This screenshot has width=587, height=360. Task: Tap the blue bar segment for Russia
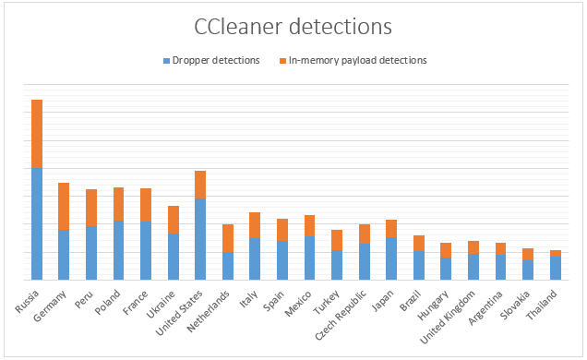(37, 223)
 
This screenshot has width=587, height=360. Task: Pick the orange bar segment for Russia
(37, 134)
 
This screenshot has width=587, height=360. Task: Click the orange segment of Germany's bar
(64, 206)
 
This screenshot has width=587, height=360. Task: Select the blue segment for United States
(200, 238)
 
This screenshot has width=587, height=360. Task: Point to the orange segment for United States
(200, 185)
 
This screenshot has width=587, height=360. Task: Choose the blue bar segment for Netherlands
(228, 266)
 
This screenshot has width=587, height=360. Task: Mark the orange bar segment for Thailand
(557, 253)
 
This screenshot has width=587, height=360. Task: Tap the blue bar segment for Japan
(391, 258)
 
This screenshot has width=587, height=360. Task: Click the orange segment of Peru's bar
(91, 208)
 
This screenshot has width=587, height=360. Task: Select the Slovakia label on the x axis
(518, 301)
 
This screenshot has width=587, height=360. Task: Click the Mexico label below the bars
(302, 300)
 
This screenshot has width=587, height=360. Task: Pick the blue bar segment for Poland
(119, 250)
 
